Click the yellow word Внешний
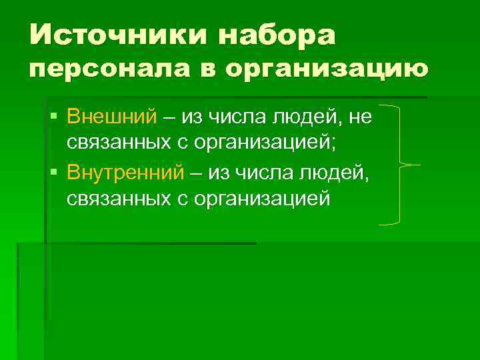pos(112,117)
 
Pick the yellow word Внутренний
pos(125,173)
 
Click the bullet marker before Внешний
pos(54,117)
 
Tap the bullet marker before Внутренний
pos(54,173)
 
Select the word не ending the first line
pos(361,117)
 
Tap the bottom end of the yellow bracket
pos(379,223)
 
